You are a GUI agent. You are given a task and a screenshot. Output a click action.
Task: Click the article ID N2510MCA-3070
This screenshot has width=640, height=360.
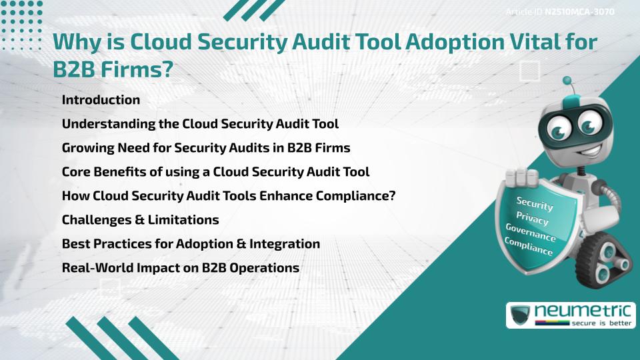tap(579, 11)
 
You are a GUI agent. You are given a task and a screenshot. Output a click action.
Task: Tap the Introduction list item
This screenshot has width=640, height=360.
tap(101, 100)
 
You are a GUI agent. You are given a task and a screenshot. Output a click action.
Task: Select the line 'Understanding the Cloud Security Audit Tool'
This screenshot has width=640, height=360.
tap(200, 124)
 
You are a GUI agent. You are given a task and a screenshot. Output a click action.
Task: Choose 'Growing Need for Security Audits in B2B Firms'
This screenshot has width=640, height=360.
tap(205, 147)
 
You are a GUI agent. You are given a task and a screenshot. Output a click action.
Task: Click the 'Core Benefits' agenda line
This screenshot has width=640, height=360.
tap(215, 171)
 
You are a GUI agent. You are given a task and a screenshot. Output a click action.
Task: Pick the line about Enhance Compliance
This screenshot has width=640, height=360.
tap(229, 195)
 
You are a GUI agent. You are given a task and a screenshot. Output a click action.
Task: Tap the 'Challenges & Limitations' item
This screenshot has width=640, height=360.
tap(140, 219)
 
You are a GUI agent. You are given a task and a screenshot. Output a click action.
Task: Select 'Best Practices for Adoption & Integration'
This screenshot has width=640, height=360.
tap(191, 243)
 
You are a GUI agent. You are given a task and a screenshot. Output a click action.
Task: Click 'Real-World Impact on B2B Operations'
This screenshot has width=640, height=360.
tap(180, 267)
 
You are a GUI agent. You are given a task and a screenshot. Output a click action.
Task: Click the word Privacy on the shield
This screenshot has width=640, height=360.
tap(532, 219)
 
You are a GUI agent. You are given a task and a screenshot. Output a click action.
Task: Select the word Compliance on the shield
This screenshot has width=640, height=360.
tap(529, 247)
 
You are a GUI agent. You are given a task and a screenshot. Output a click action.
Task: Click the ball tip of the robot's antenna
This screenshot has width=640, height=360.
tap(570, 81)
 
